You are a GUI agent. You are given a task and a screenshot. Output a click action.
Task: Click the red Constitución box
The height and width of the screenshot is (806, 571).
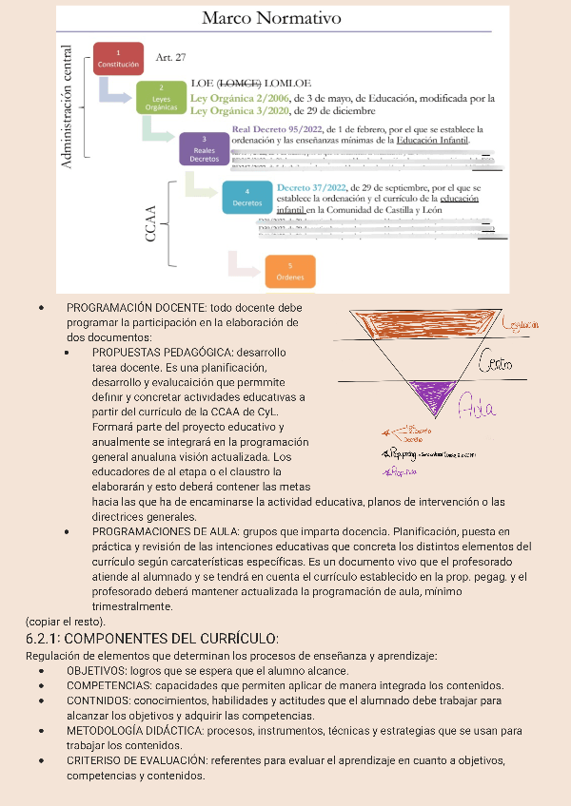pyautogui.click(x=119, y=58)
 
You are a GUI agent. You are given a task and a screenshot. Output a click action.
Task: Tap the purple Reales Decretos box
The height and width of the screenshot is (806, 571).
pyautogui.click(x=205, y=150)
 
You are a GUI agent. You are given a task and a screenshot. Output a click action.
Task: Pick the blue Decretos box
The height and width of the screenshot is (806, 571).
pyautogui.click(x=247, y=197)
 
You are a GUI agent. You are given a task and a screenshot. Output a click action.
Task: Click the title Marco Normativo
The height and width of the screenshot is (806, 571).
pyautogui.click(x=272, y=18)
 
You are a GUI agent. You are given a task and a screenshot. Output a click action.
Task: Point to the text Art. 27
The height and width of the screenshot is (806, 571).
pyautogui.click(x=170, y=57)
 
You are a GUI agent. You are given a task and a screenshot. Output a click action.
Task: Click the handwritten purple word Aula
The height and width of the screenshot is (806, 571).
pyautogui.click(x=477, y=409)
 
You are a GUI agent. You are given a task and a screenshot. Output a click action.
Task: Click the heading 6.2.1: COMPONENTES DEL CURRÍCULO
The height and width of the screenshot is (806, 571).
pyautogui.click(x=152, y=638)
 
